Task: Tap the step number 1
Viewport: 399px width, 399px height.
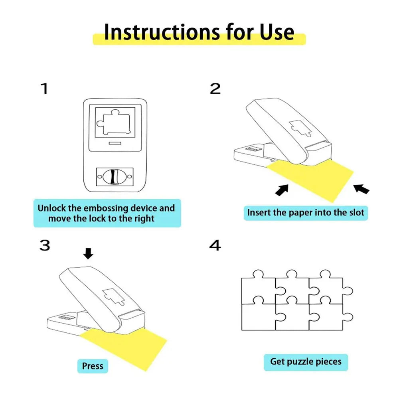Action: [44, 89]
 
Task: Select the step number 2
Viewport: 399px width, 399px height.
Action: [215, 89]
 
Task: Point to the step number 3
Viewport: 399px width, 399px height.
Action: [44, 245]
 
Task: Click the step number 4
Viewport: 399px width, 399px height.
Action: [215, 245]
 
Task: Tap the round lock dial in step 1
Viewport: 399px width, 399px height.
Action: [115, 176]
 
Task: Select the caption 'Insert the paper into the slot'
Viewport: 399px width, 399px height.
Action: [306, 212]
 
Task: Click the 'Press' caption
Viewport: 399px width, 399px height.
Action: [93, 366]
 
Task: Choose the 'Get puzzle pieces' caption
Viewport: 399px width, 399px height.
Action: [306, 362]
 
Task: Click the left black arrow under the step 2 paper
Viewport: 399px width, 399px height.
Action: [282, 190]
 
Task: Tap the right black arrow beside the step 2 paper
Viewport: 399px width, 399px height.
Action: [361, 188]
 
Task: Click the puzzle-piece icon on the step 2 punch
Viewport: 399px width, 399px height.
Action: [298, 128]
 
